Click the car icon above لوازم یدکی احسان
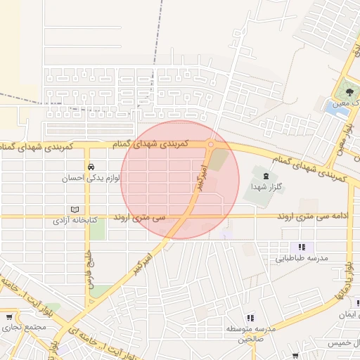pos(91,167)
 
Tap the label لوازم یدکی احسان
pos(92,179)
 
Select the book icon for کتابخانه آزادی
pos(75,210)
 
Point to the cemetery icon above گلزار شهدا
pos(265,175)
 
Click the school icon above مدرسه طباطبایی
pos(302,247)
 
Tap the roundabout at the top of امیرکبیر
pos(210,144)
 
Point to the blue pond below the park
pos(333,108)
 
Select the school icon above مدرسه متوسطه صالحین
pos(251,319)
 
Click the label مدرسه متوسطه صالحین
pos(247,333)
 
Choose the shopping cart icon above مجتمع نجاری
pos(11,317)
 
